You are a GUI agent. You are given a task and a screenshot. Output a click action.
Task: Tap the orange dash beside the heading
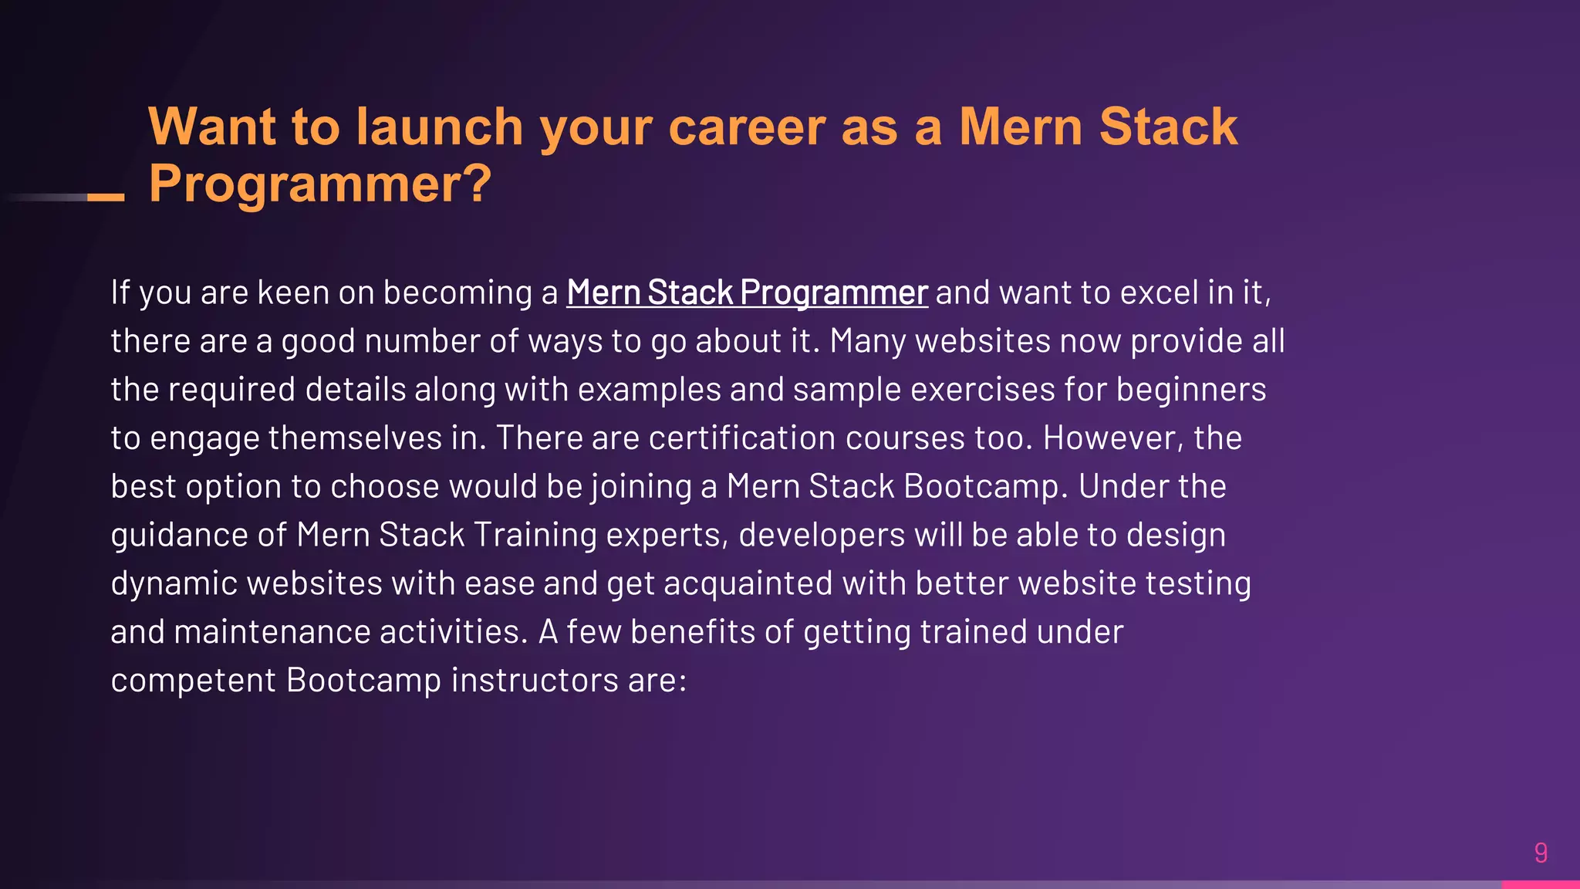coord(106,198)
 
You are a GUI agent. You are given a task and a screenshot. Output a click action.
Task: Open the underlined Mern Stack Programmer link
coord(747,292)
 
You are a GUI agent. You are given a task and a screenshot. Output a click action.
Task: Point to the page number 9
coord(1541,853)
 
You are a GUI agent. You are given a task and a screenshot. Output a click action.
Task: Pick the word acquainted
coord(748,584)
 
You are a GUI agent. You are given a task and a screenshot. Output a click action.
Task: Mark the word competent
coord(194,681)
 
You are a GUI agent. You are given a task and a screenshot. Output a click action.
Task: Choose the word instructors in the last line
coord(535,681)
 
